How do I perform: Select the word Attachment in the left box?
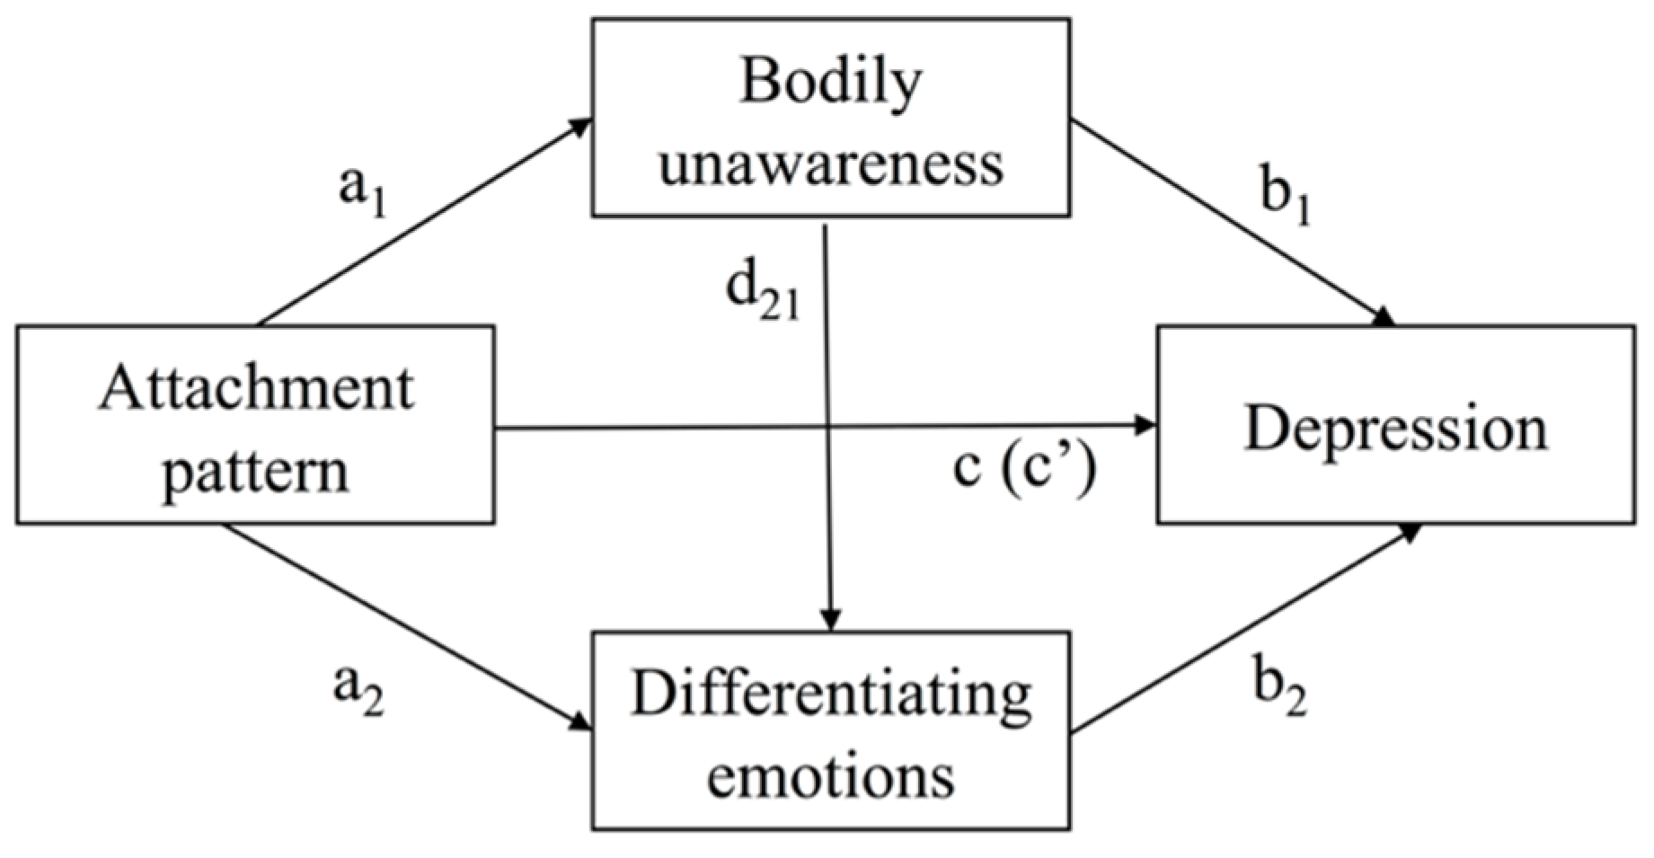pos(256,390)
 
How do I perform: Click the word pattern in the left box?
pos(255,470)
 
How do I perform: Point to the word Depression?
pos(1395,430)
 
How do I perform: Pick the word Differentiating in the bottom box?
pos(830,696)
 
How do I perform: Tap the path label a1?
pos(362,194)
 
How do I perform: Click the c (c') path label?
pos(1024,468)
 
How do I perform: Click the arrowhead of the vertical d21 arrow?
pos(831,622)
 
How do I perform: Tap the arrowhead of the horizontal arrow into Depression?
pos(1147,425)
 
